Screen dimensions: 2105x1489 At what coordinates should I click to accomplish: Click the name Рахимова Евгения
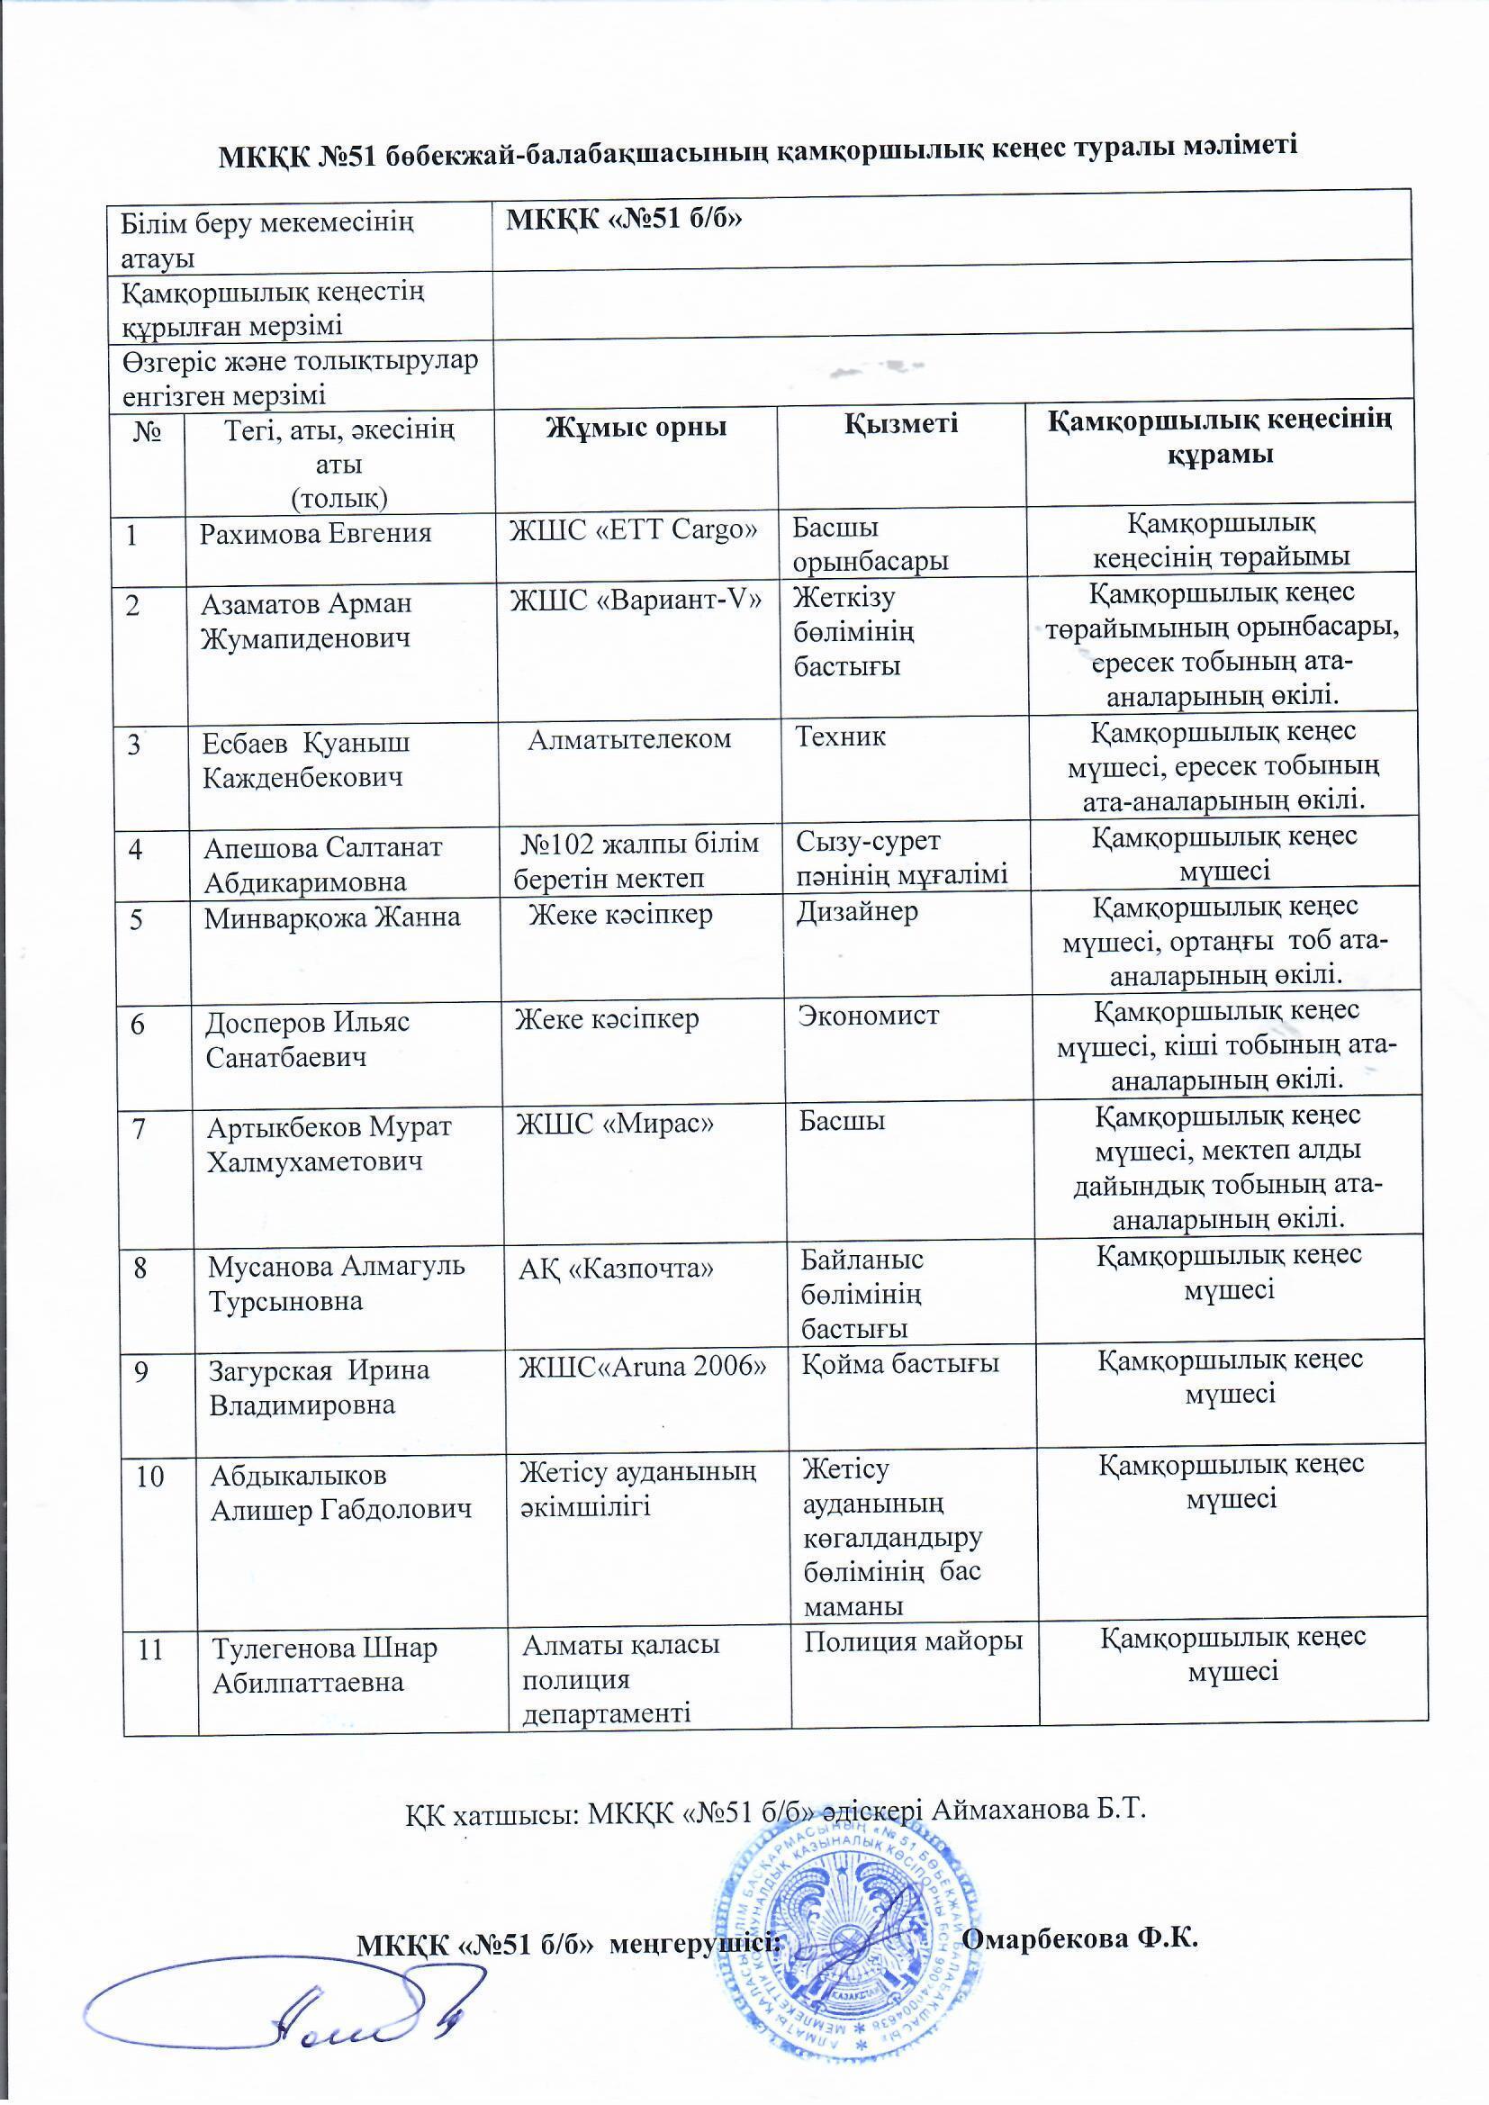(315, 533)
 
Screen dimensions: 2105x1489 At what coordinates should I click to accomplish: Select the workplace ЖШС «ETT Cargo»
(634, 529)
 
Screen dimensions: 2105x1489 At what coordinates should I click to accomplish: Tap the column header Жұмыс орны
(636, 427)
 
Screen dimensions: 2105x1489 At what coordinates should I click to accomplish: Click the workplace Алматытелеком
(629, 739)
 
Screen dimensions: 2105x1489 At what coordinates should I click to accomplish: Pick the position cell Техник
(840, 736)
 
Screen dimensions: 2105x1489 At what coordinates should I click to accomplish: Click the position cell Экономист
(868, 1015)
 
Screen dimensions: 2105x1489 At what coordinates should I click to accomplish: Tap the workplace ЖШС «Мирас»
(614, 1123)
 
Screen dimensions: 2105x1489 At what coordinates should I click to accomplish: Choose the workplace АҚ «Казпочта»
(616, 1268)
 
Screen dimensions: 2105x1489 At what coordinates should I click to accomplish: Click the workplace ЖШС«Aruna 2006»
(643, 1366)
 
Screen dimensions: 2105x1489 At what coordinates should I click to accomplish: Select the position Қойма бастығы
(900, 1363)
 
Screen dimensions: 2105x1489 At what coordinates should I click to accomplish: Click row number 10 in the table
(150, 1476)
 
